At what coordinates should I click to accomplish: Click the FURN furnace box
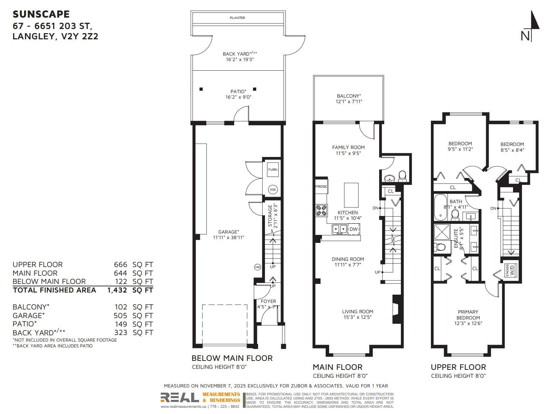(x=273, y=169)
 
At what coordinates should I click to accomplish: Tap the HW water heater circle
(x=273, y=189)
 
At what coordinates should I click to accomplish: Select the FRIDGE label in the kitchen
(x=321, y=186)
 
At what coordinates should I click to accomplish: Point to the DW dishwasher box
(x=354, y=229)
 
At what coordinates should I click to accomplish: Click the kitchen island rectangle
(x=351, y=195)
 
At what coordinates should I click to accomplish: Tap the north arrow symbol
(x=531, y=26)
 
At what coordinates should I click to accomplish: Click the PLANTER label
(x=237, y=18)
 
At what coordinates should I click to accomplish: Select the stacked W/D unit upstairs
(x=510, y=270)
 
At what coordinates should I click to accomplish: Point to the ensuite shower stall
(x=442, y=232)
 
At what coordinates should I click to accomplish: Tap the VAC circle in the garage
(x=257, y=267)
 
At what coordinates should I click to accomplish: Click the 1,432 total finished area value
(x=117, y=290)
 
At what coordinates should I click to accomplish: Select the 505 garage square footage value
(x=120, y=315)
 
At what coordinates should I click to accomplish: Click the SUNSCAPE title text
(x=41, y=14)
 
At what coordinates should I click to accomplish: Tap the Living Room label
(x=357, y=312)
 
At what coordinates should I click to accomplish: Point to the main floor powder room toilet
(x=402, y=176)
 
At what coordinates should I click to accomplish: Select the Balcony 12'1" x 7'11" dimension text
(x=348, y=101)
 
